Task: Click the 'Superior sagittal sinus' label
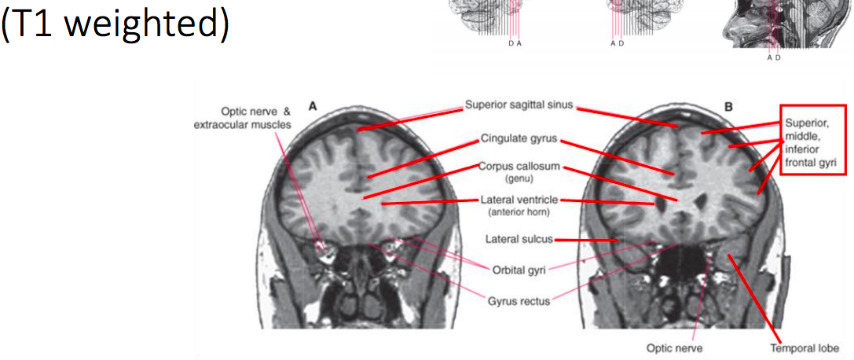coord(519,105)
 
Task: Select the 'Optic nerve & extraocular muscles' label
coord(244,118)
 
